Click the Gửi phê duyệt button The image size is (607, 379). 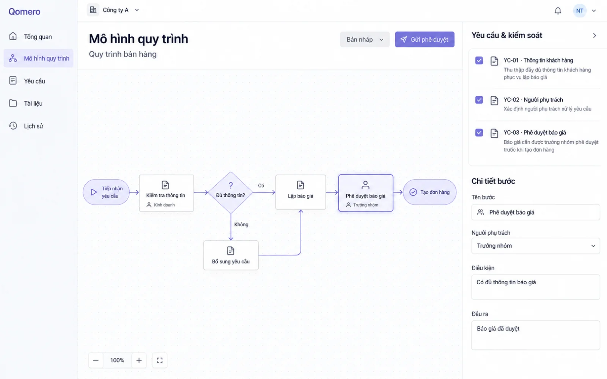coord(425,39)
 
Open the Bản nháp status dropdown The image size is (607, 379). coord(365,39)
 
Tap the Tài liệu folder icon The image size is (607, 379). coord(13,103)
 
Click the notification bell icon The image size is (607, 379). coord(558,11)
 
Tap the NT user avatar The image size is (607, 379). coord(580,11)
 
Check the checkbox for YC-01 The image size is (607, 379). coord(479,60)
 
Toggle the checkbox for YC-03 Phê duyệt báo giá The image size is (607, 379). coord(479,133)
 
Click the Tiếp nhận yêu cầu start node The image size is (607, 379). coord(106,192)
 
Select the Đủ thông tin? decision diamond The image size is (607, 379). coord(231,193)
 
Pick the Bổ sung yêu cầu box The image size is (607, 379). coord(231,255)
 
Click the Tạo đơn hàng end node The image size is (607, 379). coord(429,192)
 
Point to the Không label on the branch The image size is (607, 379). coord(241,224)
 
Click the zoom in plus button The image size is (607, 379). coord(139,360)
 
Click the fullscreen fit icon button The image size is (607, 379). coord(160,360)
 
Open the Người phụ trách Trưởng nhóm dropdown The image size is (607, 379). coord(536,246)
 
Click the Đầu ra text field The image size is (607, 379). coord(536,335)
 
